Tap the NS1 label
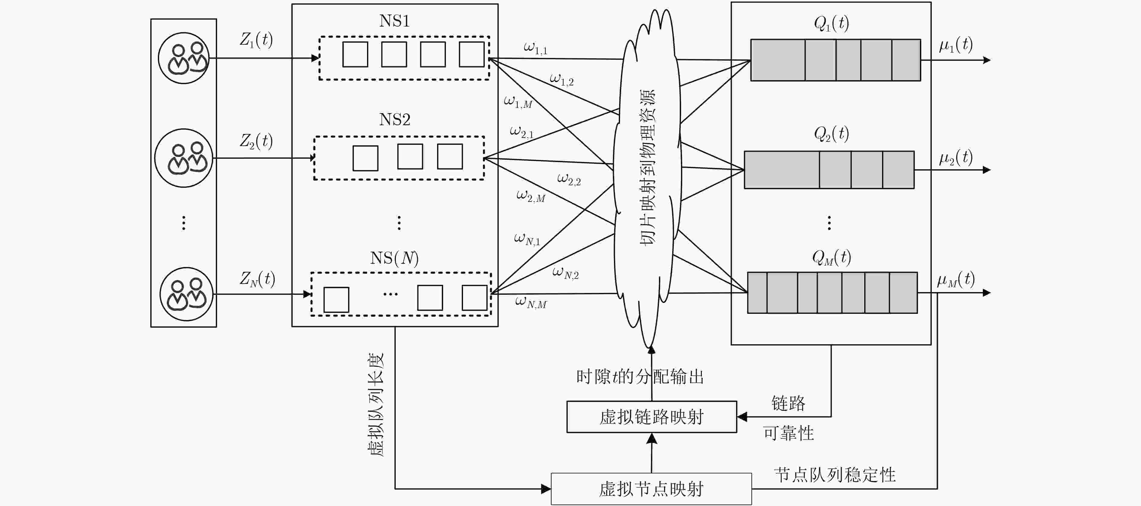[x=394, y=21]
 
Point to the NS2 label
[x=395, y=119]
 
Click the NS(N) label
[x=394, y=258]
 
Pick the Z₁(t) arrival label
[x=256, y=40]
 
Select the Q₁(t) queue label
[x=831, y=23]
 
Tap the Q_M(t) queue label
[x=831, y=257]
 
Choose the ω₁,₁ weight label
[x=535, y=48]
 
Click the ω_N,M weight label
[x=531, y=302]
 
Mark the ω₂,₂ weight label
[x=569, y=179]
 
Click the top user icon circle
[x=184, y=58]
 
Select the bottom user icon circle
[x=186, y=294]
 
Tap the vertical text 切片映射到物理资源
[x=647, y=167]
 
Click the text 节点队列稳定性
[x=835, y=475]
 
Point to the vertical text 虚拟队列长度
[x=376, y=405]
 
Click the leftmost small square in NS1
[x=355, y=54]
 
